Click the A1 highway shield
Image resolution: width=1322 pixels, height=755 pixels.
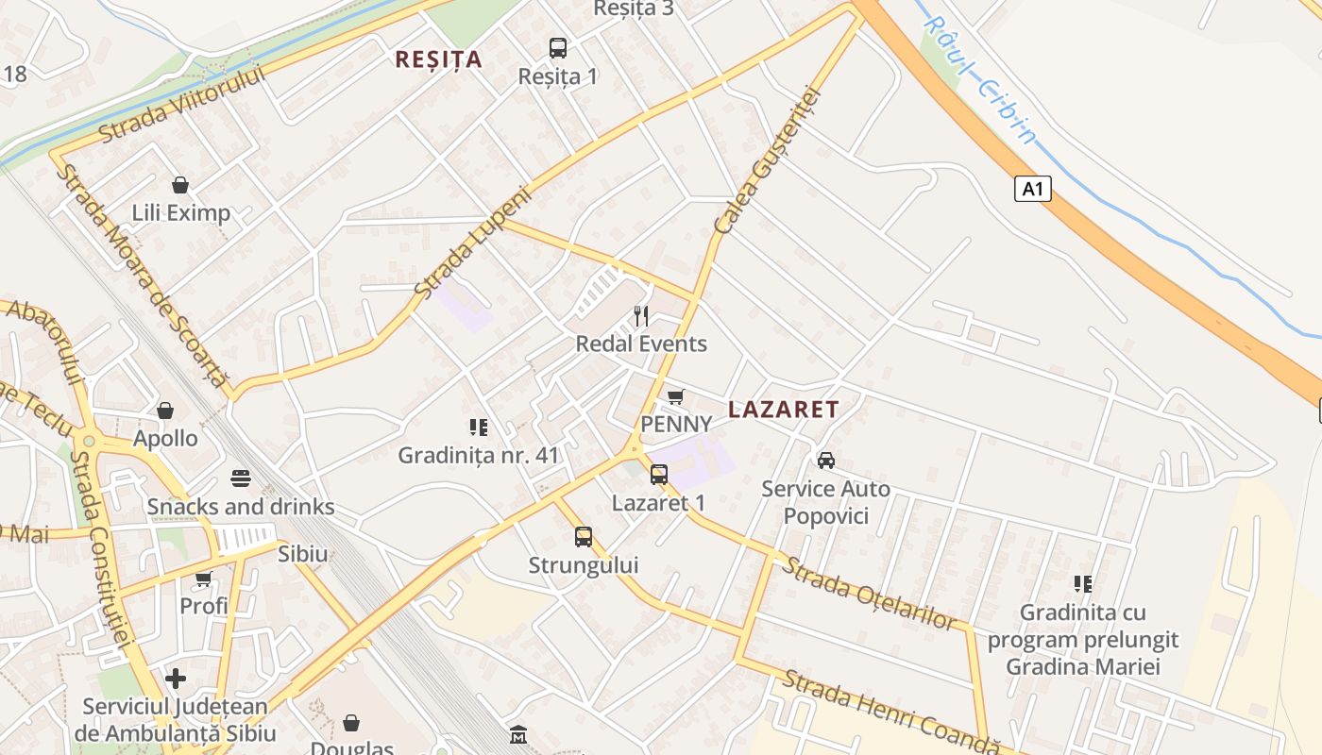point(1033,189)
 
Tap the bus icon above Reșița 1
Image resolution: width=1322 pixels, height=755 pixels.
point(558,47)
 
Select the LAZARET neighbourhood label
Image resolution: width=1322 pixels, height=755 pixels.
point(784,409)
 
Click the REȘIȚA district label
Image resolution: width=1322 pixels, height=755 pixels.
point(438,59)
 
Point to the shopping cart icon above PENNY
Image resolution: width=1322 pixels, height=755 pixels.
point(675,396)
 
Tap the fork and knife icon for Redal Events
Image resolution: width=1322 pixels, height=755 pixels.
point(641,315)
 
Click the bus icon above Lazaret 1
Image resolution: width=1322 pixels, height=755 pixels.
point(659,474)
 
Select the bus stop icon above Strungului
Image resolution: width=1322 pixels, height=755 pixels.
point(584,537)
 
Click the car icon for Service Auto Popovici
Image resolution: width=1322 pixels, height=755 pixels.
point(826,460)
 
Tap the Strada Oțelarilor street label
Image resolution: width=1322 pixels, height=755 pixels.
point(870,594)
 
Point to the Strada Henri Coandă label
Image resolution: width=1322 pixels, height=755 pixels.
point(890,713)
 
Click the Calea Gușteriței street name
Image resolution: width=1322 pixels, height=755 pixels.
point(770,161)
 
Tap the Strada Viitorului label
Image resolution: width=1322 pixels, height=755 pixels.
point(182,104)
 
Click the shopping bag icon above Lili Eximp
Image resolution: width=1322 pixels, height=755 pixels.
point(180,184)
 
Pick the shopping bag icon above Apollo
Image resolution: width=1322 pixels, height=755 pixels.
point(165,410)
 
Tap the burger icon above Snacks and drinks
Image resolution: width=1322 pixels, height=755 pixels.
point(240,478)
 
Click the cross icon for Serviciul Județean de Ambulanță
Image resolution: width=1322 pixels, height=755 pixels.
point(176,678)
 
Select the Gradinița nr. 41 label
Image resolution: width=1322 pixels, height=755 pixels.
point(479,455)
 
